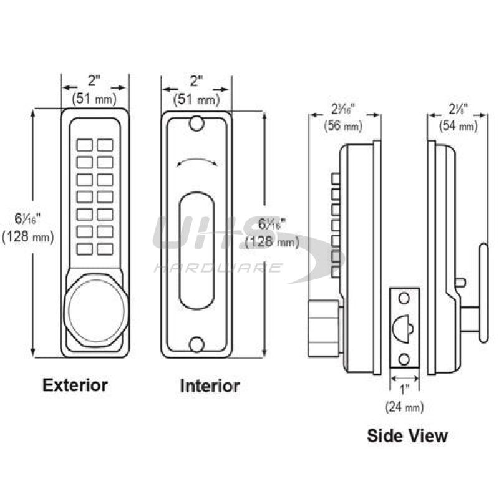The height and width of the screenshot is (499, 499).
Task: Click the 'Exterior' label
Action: [75, 385]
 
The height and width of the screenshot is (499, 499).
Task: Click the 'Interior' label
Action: [210, 386]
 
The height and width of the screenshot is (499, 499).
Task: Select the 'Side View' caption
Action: [407, 435]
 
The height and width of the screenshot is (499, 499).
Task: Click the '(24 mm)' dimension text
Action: [404, 407]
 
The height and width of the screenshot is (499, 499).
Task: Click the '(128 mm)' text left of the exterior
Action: [28, 236]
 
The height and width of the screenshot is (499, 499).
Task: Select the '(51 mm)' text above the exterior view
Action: [94, 98]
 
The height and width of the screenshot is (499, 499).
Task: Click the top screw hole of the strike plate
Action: [403, 298]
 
